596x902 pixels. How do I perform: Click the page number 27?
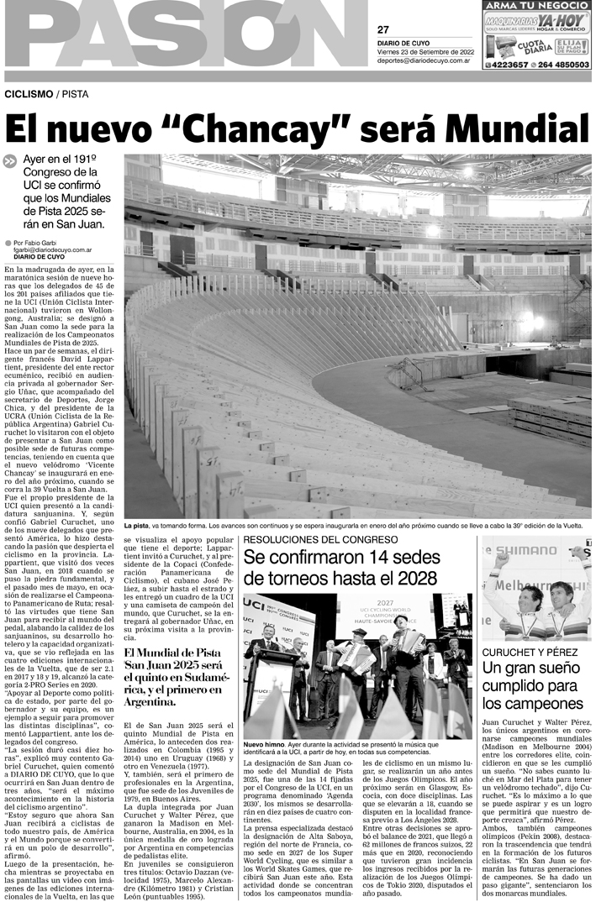click(383, 30)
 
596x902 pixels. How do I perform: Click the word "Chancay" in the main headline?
click(260, 129)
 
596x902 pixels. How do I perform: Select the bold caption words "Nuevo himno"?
click(264, 744)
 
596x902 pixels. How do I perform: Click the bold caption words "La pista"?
click(137, 526)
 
